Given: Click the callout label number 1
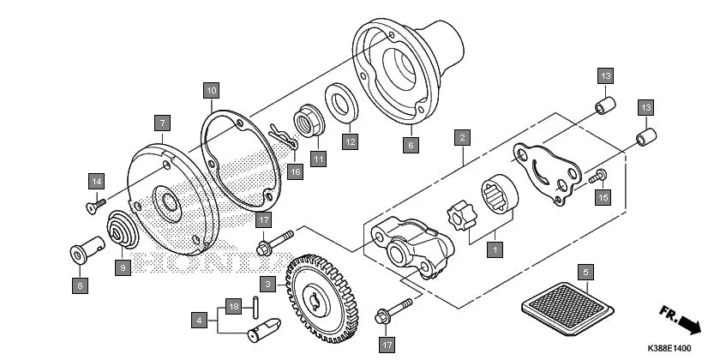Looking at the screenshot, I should coord(493,250).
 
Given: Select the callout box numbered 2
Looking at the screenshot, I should coord(462,137).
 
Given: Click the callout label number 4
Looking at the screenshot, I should coord(199,320).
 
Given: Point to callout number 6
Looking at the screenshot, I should coord(410,146).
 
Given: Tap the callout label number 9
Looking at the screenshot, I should coord(122,268).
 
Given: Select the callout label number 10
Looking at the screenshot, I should coord(211,89).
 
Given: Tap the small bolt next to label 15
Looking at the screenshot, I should coord(597,177).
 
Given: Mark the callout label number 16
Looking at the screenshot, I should coord(296,172).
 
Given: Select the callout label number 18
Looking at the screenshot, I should coord(232,305).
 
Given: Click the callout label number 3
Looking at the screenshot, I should coord(268,284).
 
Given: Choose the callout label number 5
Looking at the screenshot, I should coord(585,273).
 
